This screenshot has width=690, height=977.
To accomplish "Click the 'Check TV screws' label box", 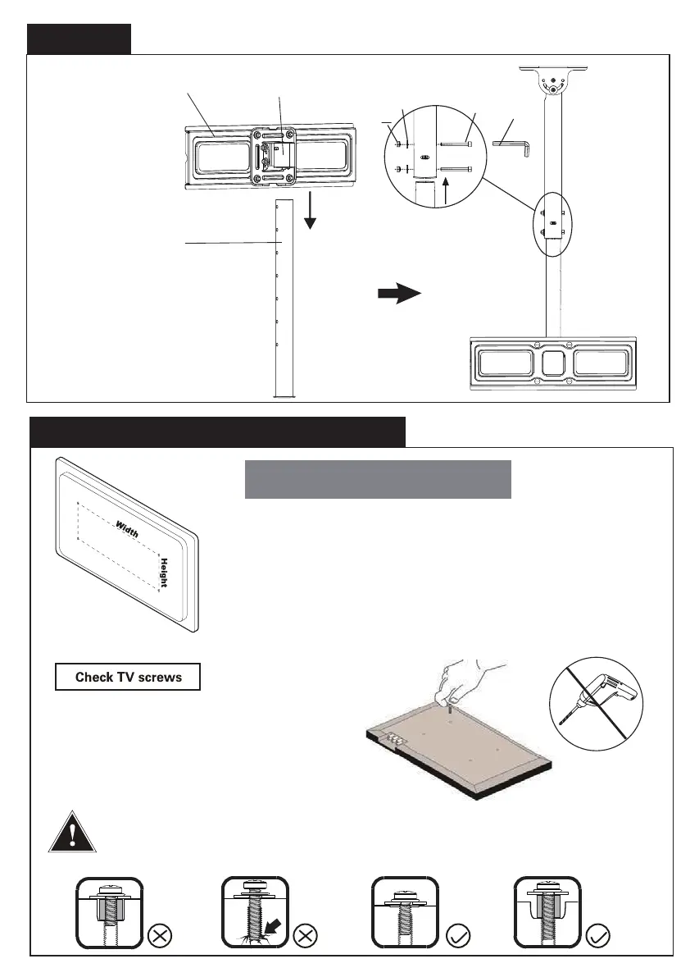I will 127,677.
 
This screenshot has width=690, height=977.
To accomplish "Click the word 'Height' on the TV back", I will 164,573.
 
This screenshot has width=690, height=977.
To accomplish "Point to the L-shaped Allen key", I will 515,145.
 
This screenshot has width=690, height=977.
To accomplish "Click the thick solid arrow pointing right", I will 399,295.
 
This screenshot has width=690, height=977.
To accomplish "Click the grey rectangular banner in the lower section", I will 378,479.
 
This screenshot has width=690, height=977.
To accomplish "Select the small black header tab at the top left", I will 79,39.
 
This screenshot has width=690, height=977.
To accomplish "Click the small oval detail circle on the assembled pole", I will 553,222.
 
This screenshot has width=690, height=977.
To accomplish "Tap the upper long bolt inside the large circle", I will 457,144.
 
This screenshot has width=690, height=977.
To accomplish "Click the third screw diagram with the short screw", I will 404,911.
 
